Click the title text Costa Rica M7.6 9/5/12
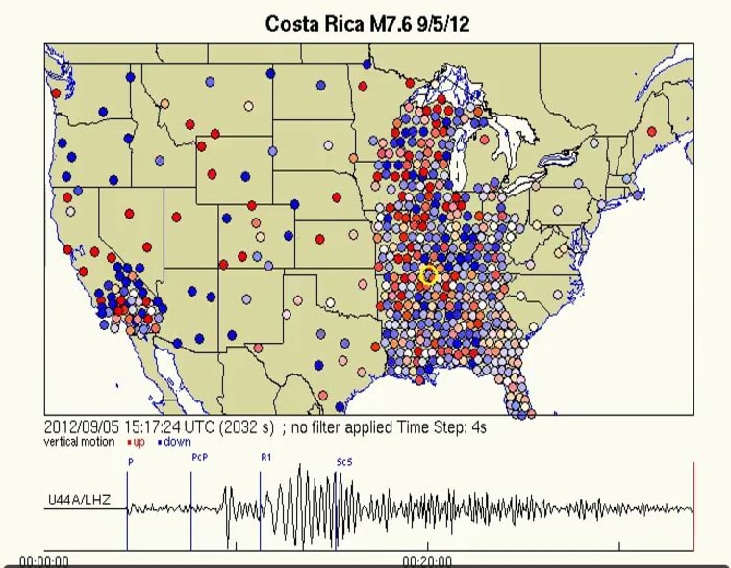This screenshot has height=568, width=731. pyautogui.click(x=367, y=24)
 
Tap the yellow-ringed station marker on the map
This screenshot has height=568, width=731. pyautogui.click(x=429, y=276)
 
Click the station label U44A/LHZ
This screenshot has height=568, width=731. pyautogui.click(x=80, y=502)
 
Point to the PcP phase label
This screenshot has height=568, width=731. pyautogui.click(x=199, y=457)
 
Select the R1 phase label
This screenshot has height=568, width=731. pyautogui.click(x=265, y=457)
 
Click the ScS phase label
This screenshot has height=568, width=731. pyautogui.click(x=343, y=462)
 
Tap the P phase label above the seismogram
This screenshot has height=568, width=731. pyautogui.click(x=129, y=462)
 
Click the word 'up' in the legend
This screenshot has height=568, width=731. pyautogui.click(x=139, y=442)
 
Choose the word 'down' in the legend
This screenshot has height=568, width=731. pyautogui.click(x=177, y=442)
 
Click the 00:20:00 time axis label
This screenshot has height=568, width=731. pyautogui.click(x=428, y=561)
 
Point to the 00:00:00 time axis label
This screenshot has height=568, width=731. pyautogui.click(x=44, y=561)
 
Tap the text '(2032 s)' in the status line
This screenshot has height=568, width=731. pyautogui.click(x=246, y=426)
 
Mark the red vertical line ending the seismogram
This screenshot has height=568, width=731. pyautogui.click(x=693, y=505)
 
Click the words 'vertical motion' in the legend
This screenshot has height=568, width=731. pyautogui.click(x=82, y=442)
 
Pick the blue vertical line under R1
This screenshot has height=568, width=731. pyautogui.click(x=260, y=510)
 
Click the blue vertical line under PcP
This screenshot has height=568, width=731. pyautogui.click(x=190, y=510)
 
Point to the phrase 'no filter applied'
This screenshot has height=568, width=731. pyautogui.click(x=341, y=426)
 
